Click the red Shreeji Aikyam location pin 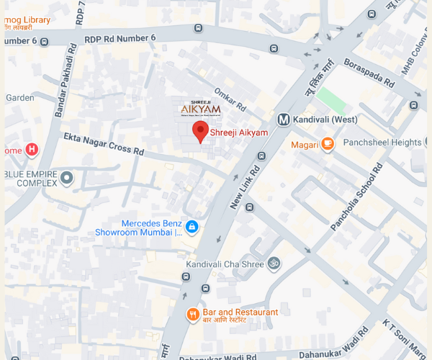tap(200, 131)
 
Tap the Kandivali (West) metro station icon tap(284, 120)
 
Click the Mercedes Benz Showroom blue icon tap(192, 228)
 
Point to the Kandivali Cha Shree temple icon tap(273, 264)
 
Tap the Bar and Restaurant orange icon tap(192, 314)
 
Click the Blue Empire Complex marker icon tap(67, 178)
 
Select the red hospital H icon tap(31, 150)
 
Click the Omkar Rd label tap(230, 101)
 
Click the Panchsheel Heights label tap(382, 143)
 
